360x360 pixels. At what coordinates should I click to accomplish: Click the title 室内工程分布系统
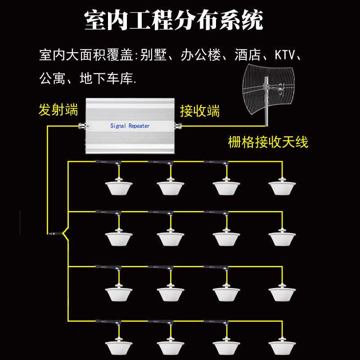174,20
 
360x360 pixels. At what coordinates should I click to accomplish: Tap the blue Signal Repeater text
130,126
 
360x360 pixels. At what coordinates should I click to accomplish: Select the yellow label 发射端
58,109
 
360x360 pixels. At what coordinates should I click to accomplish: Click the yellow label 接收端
200,111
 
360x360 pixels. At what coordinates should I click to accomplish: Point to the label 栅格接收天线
268,142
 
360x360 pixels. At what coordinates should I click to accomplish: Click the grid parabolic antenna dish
268,90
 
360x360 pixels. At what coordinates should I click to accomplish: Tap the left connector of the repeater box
82,126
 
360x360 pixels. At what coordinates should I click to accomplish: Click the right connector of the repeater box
178,126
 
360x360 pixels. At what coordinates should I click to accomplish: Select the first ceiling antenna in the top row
119,187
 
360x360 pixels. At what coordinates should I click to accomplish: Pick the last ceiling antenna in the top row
282,187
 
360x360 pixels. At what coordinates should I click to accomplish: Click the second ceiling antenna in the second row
171,238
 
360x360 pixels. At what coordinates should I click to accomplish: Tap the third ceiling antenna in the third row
226,293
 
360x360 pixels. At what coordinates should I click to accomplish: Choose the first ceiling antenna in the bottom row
119,346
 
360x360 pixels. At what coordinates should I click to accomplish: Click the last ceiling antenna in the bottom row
282,346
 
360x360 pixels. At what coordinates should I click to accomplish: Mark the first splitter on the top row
108,162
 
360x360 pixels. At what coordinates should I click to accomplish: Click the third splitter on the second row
216,213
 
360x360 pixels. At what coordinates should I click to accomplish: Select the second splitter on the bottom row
160,322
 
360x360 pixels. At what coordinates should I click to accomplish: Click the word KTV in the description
285,54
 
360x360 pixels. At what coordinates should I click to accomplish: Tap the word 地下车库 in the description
106,78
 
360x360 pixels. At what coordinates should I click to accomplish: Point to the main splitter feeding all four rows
56,234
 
